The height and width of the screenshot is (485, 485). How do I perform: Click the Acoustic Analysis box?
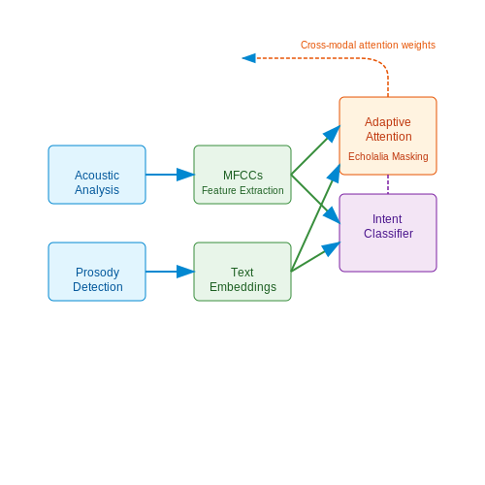(97, 175)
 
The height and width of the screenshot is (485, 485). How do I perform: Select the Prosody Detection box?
(97, 272)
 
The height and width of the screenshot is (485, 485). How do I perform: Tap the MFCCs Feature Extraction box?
(242, 175)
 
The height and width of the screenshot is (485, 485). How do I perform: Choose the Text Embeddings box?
(242, 272)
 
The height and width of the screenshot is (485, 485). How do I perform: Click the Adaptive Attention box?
(388, 136)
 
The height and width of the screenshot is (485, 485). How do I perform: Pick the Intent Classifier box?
(388, 233)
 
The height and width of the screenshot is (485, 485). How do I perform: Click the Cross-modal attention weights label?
(368, 45)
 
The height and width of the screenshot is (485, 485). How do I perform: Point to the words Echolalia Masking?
(388, 156)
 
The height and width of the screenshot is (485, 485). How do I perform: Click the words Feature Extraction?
(242, 190)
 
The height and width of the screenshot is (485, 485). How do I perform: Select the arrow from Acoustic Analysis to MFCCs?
(170, 175)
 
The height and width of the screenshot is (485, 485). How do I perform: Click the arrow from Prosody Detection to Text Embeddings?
(170, 272)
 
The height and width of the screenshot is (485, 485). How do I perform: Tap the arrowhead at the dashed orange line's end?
(249, 58)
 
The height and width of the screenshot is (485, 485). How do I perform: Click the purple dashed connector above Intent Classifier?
(388, 184)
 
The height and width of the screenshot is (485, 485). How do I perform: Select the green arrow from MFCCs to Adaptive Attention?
(315, 150)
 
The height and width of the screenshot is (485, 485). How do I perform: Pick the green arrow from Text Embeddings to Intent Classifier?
(315, 257)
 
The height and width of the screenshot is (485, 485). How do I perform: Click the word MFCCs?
(242, 176)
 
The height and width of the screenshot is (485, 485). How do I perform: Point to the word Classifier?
(388, 234)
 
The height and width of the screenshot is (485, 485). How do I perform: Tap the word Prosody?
(97, 273)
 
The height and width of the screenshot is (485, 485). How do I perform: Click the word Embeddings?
(242, 287)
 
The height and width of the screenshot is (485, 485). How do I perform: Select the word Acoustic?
(97, 176)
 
